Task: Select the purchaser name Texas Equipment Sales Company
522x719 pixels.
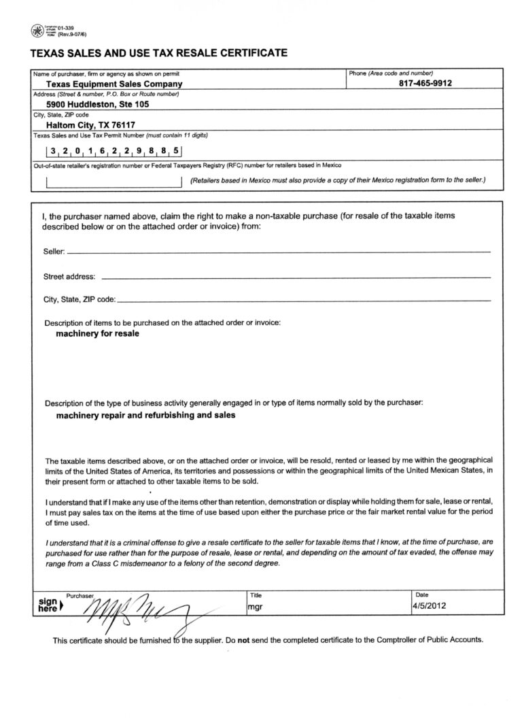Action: [x=114, y=84]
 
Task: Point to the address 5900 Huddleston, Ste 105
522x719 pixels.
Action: [x=98, y=105]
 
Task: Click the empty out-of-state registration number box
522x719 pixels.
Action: [x=114, y=182]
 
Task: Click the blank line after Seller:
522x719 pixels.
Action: [x=279, y=252]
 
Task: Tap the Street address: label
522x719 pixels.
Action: [x=69, y=278]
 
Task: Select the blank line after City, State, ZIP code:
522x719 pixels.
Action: [x=303, y=300]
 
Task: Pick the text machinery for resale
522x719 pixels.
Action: [x=97, y=334]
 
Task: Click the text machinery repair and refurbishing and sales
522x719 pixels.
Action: [x=145, y=416]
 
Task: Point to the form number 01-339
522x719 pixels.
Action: [x=67, y=27]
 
